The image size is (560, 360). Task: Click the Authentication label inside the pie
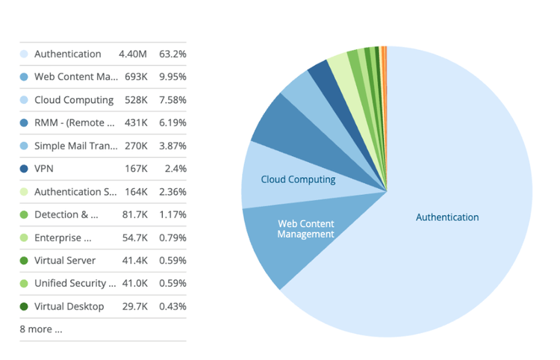[x=447, y=217]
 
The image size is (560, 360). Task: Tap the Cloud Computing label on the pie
[x=298, y=179]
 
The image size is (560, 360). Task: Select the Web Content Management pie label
[x=305, y=229]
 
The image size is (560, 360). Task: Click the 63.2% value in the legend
[x=173, y=54]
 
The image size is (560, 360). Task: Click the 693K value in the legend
[x=135, y=77]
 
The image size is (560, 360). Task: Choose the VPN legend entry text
[x=44, y=169]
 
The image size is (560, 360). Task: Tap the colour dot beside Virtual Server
[x=24, y=261]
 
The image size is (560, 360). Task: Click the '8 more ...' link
[x=41, y=329]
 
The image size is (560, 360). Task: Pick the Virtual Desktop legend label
[x=69, y=306]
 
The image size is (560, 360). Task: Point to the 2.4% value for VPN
[x=176, y=169]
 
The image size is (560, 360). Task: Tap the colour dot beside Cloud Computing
[x=24, y=100]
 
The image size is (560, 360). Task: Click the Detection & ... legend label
[x=66, y=214]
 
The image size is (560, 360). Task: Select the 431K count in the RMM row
[x=135, y=122]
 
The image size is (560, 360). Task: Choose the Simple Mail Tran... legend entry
[x=75, y=146]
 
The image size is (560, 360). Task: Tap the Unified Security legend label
[x=75, y=283]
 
